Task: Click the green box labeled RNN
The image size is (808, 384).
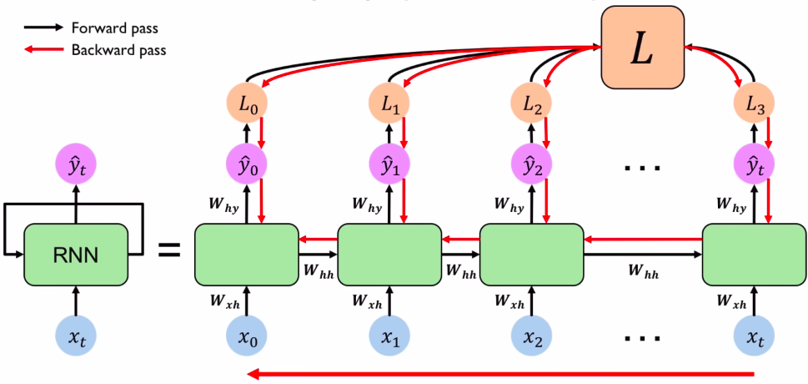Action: tap(75, 255)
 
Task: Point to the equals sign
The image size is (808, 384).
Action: tap(170, 249)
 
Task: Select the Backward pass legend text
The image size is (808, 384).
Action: tap(118, 50)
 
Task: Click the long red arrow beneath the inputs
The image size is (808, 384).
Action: tap(500, 373)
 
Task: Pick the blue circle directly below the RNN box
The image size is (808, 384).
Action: tap(75, 336)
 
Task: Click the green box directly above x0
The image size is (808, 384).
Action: tap(246, 254)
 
